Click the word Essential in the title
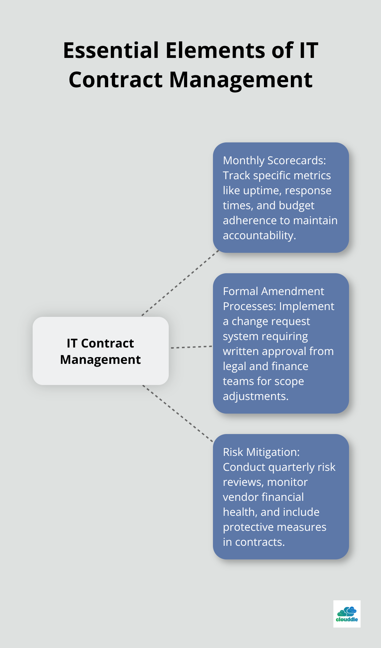[111, 50]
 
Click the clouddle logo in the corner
[347, 614]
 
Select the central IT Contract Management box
[101, 351]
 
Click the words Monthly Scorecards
[274, 160]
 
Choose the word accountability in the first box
[259, 235]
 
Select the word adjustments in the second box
[255, 396]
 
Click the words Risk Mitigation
[261, 452]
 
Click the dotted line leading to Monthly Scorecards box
[180, 283]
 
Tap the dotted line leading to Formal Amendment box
[191, 347]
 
